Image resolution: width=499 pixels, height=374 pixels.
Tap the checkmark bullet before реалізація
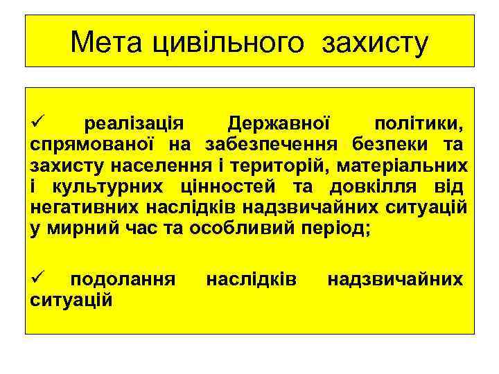(x=37, y=125)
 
